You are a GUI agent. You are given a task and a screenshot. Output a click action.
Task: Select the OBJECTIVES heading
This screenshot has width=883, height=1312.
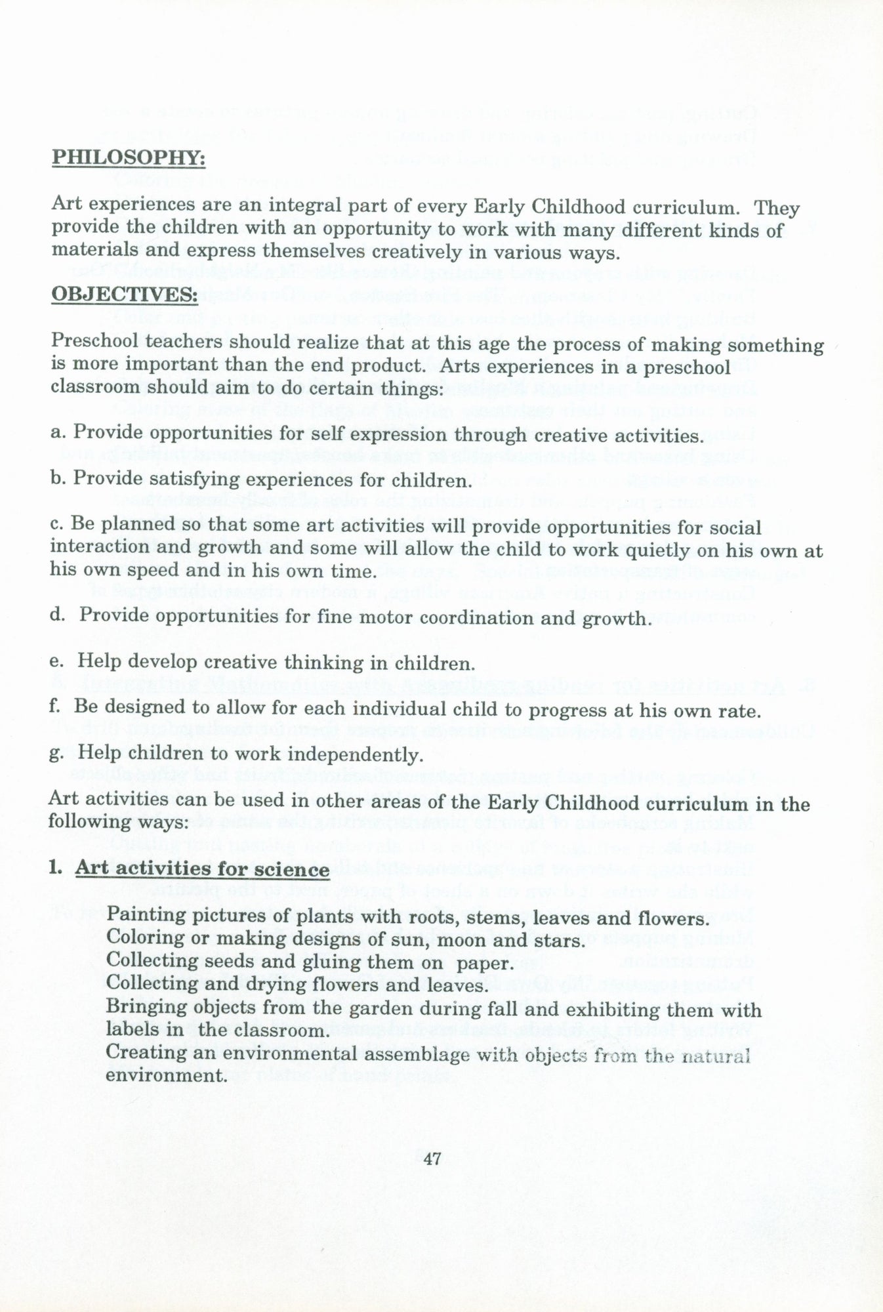click(x=124, y=296)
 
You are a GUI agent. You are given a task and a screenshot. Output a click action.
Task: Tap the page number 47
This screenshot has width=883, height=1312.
click(x=431, y=1159)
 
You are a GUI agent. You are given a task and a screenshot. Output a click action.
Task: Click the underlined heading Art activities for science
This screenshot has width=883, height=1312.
click(x=202, y=869)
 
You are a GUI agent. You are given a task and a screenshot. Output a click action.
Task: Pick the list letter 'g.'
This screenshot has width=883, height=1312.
click(x=56, y=754)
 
